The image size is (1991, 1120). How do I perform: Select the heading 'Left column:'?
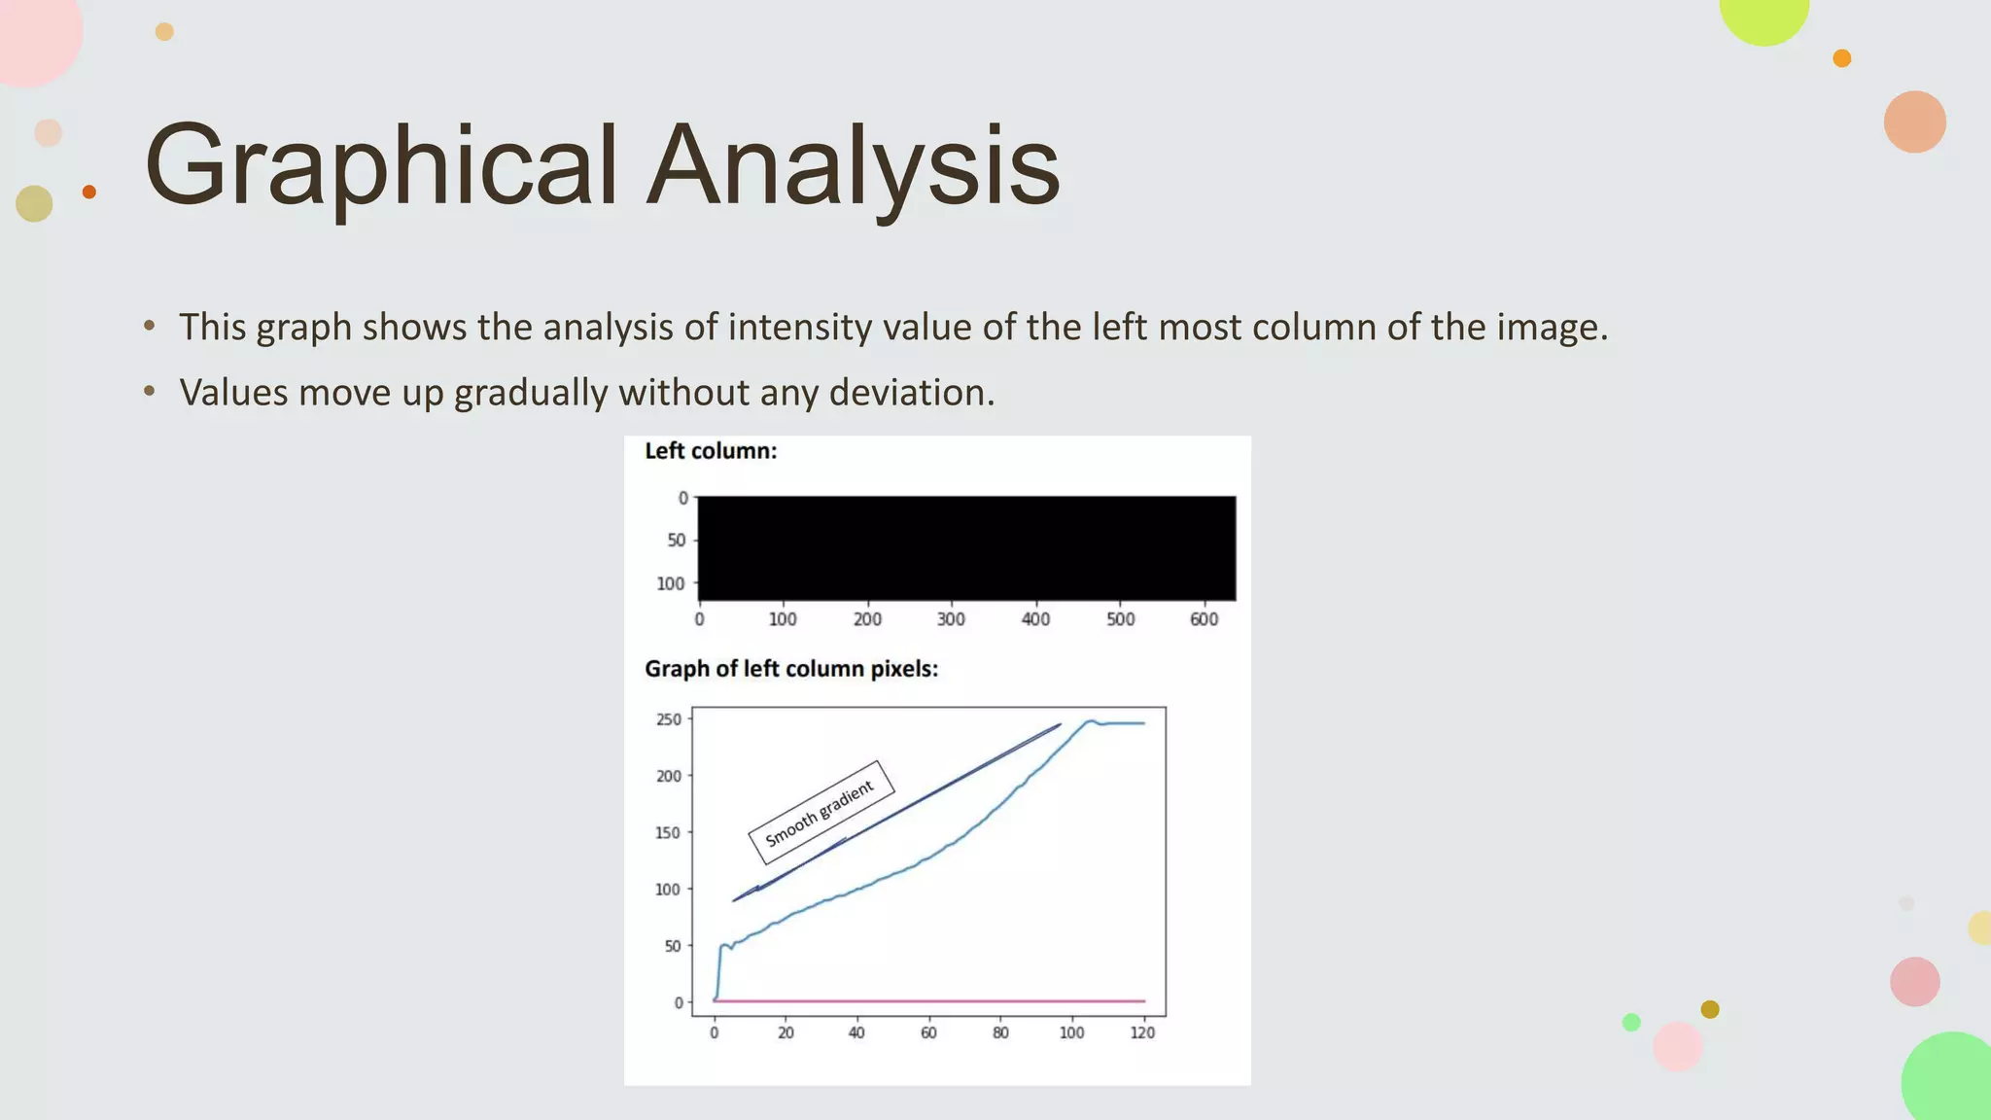[711, 451]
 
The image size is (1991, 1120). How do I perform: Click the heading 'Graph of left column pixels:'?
[791, 669]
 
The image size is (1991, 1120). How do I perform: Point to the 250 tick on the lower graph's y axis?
[669, 719]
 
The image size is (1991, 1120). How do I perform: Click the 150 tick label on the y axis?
[669, 832]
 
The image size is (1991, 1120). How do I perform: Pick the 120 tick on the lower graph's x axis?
[1142, 1032]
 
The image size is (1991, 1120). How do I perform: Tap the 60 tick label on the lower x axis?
[928, 1032]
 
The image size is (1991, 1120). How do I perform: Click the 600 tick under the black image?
[1204, 619]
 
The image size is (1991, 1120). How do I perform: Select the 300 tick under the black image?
[951, 619]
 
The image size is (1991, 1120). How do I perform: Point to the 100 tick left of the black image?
[671, 583]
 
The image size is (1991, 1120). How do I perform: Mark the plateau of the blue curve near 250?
[1123, 723]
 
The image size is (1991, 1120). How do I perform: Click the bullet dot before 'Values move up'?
[149, 392]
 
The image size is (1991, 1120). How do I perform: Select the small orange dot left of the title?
[89, 192]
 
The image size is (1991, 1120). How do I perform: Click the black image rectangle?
[966, 547]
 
